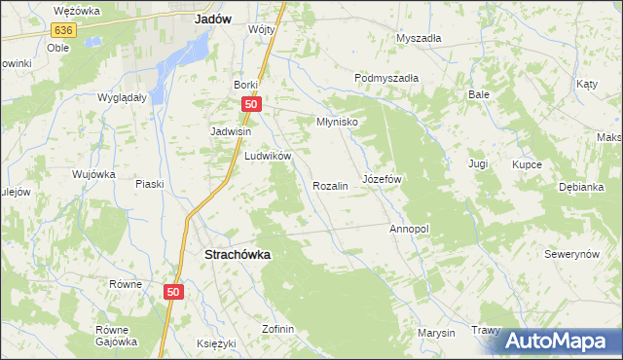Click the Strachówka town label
[237, 254]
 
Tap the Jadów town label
[212, 18]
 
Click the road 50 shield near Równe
[173, 291]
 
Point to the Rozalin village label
[330, 185]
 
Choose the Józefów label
[382, 180]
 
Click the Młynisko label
[338, 123]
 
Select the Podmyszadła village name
[386, 79]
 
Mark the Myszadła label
[419, 38]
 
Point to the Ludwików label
[269, 156]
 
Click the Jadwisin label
[232, 131]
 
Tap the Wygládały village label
[122, 98]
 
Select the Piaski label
[149, 184]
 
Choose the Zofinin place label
[277, 329]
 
